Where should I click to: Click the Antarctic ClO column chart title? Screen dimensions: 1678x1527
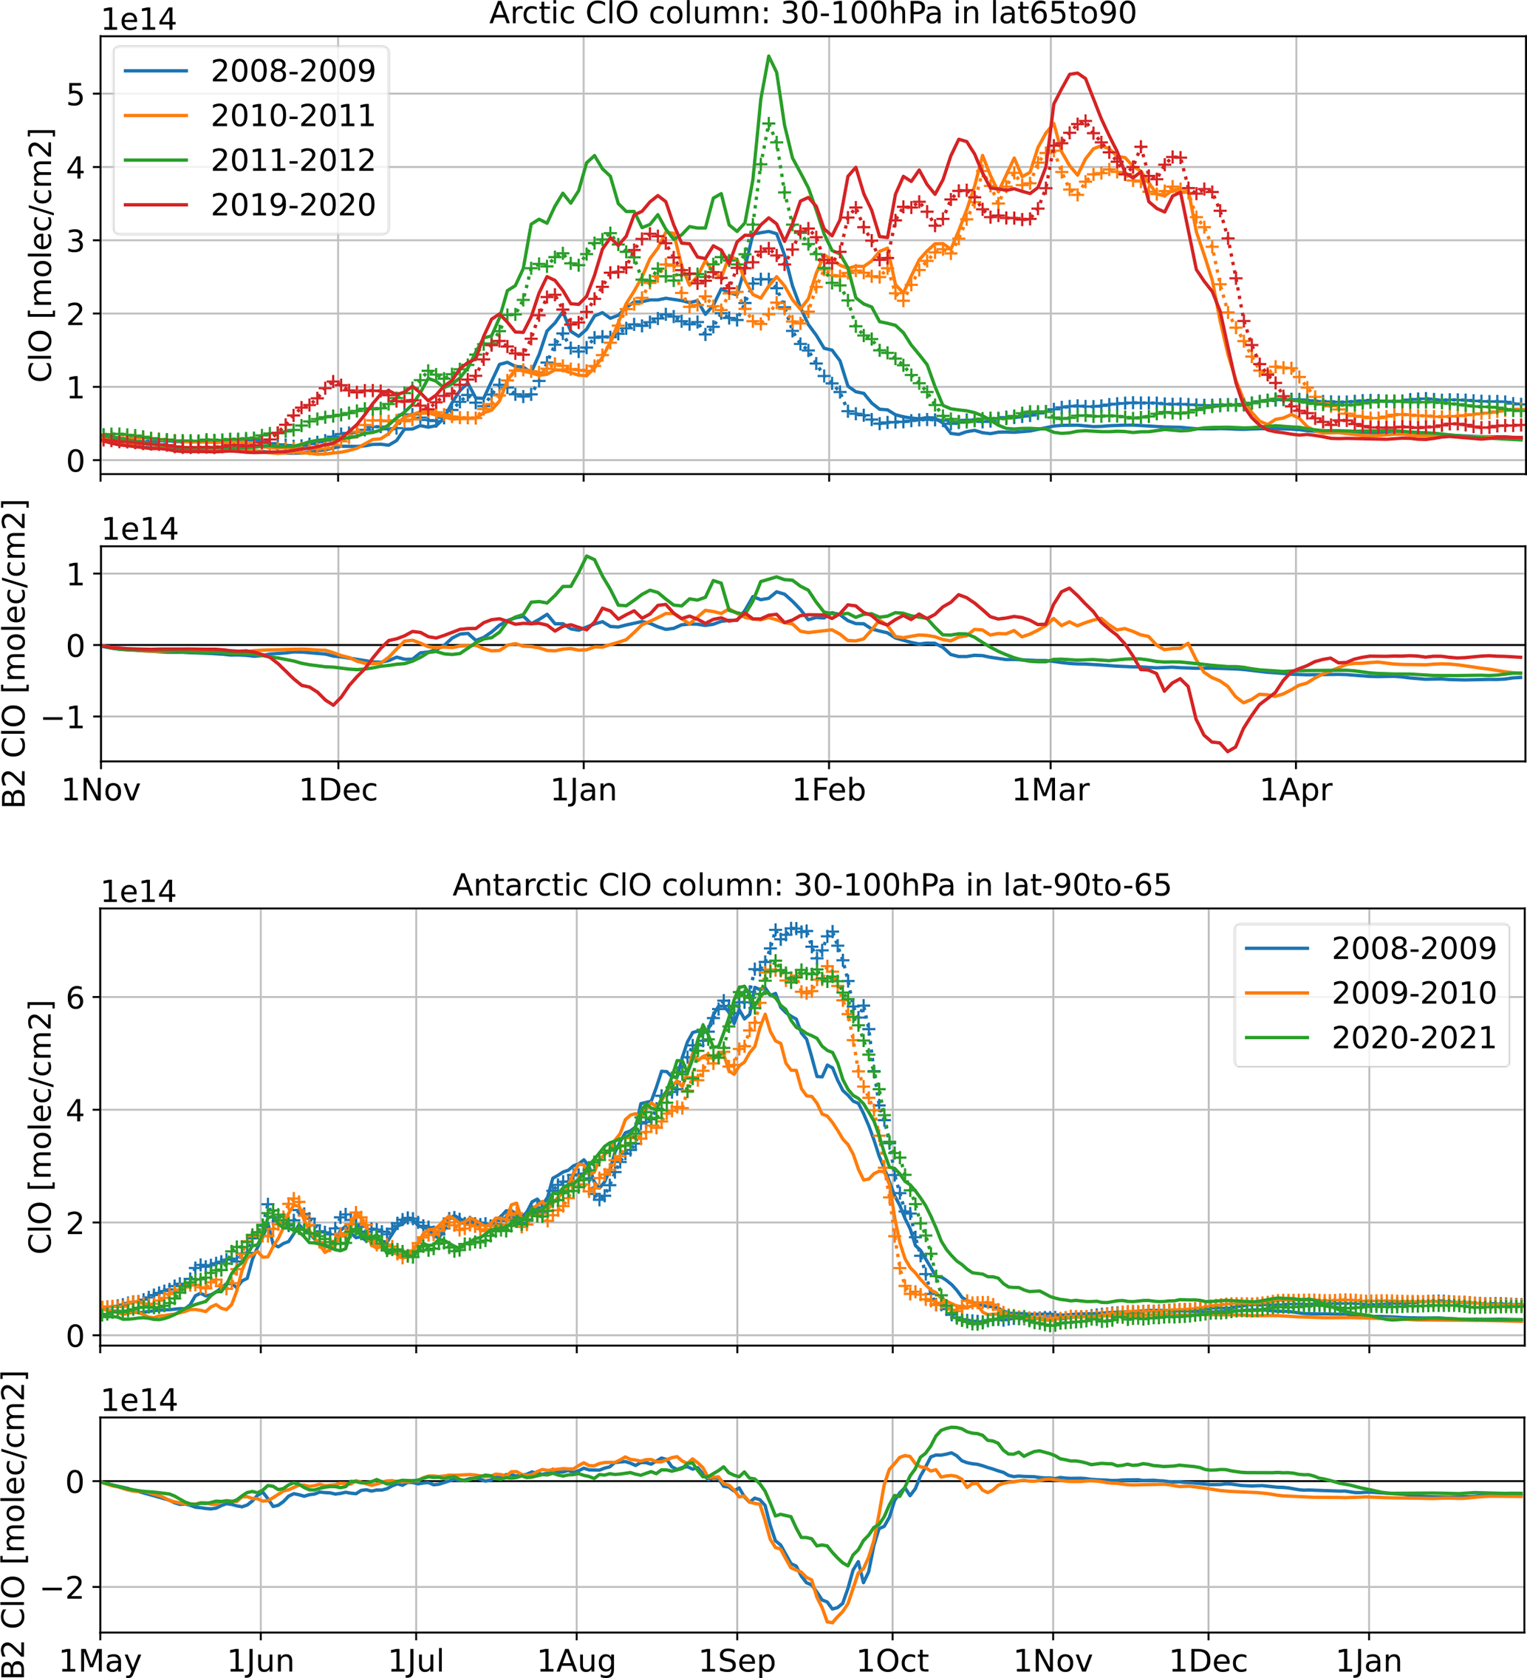(x=811, y=884)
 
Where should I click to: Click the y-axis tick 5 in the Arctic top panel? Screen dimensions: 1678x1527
(x=76, y=95)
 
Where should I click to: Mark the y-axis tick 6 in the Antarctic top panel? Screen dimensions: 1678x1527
(x=76, y=997)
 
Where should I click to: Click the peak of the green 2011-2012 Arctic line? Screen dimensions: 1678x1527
(x=769, y=57)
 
